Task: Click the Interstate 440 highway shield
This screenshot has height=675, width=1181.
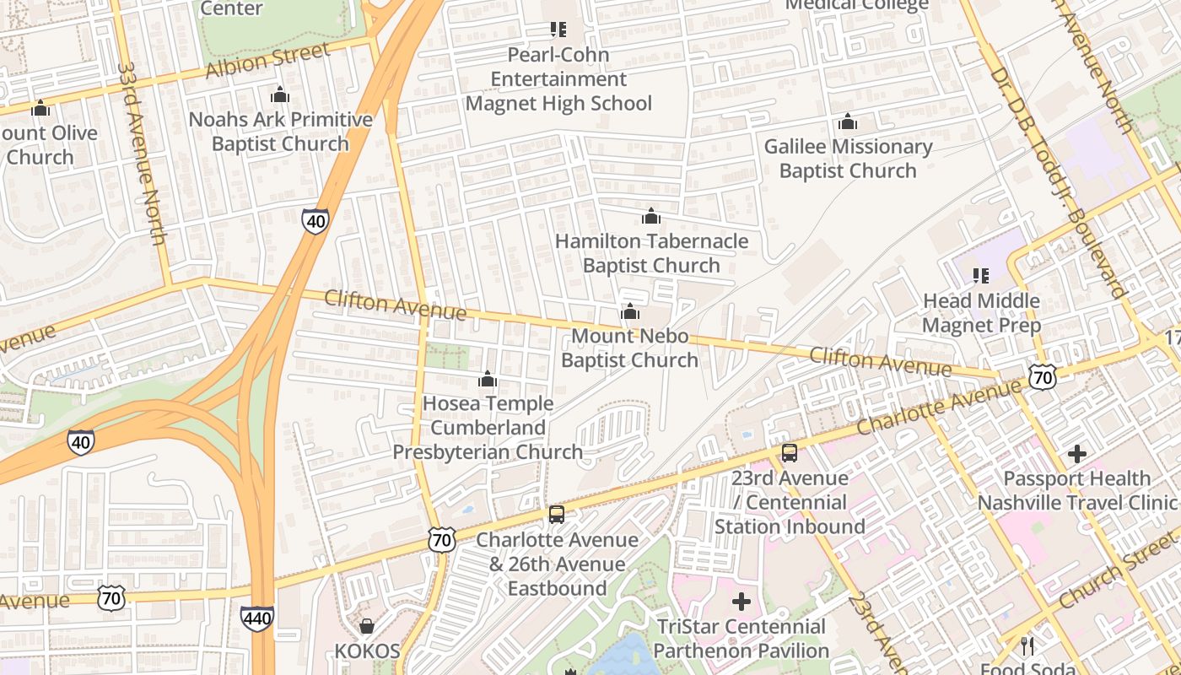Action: (x=256, y=618)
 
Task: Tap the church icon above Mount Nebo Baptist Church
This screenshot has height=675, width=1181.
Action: (x=629, y=312)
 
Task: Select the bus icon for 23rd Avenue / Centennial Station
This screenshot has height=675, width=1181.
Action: (x=789, y=453)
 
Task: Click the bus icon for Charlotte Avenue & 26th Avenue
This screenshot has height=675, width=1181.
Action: (x=556, y=514)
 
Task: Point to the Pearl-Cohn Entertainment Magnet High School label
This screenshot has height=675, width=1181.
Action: (x=558, y=79)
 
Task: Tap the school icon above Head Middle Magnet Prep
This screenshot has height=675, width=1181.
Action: (x=980, y=275)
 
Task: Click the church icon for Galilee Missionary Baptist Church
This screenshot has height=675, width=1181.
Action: (x=848, y=122)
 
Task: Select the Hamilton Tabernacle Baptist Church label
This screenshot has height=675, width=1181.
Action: (x=651, y=253)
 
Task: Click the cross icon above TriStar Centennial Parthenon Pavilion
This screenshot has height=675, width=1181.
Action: (x=741, y=602)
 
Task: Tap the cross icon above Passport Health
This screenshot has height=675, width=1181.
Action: (x=1076, y=454)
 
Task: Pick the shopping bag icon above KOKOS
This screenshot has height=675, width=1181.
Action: (x=367, y=626)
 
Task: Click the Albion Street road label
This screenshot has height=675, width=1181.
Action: (x=267, y=61)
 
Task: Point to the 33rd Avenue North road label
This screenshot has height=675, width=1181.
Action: (x=141, y=152)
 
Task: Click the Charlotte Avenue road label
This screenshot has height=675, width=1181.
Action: (x=938, y=408)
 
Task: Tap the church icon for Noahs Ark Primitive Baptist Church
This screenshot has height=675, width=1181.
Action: (x=280, y=95)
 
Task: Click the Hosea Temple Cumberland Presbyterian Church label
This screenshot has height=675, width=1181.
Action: (x=488, y=428)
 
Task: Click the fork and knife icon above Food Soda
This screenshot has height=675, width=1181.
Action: (x=1027, y=646)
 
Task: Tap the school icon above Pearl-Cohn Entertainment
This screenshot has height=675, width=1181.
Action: (x=558, y=30)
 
